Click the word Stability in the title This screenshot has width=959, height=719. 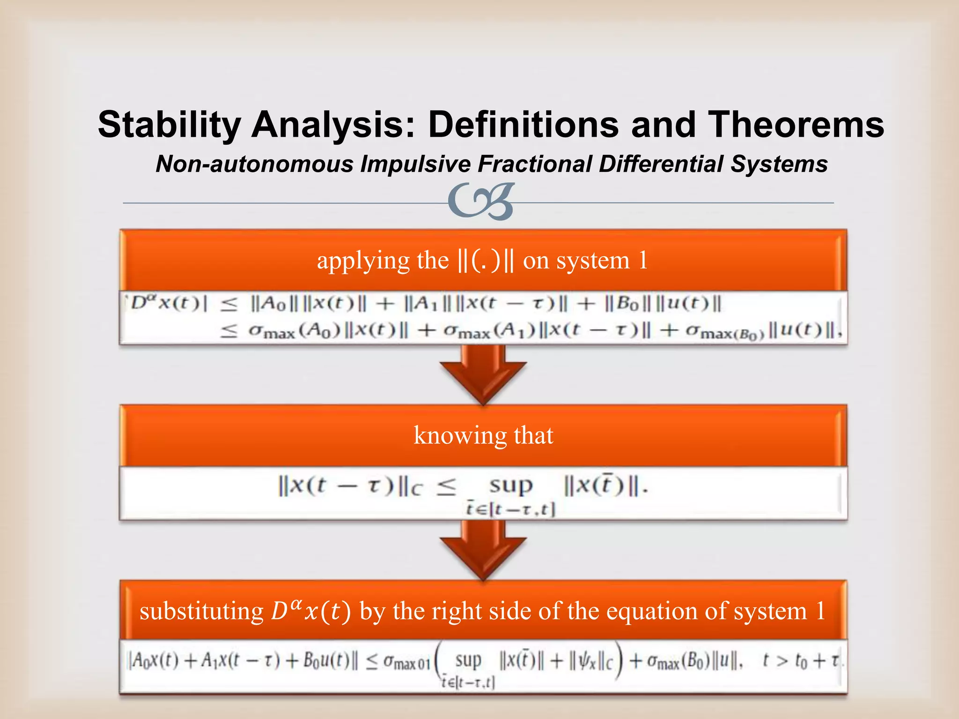tap(169, 125)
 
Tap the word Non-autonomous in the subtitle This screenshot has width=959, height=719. tap(255, 164)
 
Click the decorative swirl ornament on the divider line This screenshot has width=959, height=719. tap(481, 202)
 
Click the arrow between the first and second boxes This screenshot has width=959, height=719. tap(483, 374)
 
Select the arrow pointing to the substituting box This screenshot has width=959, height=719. tap(483, 550)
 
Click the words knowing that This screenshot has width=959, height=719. tap(483, 435)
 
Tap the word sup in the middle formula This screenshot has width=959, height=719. tap(511, 485)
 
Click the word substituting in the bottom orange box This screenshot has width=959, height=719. tap(202, 611)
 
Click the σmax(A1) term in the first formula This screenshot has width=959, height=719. tap(490, 331)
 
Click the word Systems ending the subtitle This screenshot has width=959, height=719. tap(779, 164)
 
